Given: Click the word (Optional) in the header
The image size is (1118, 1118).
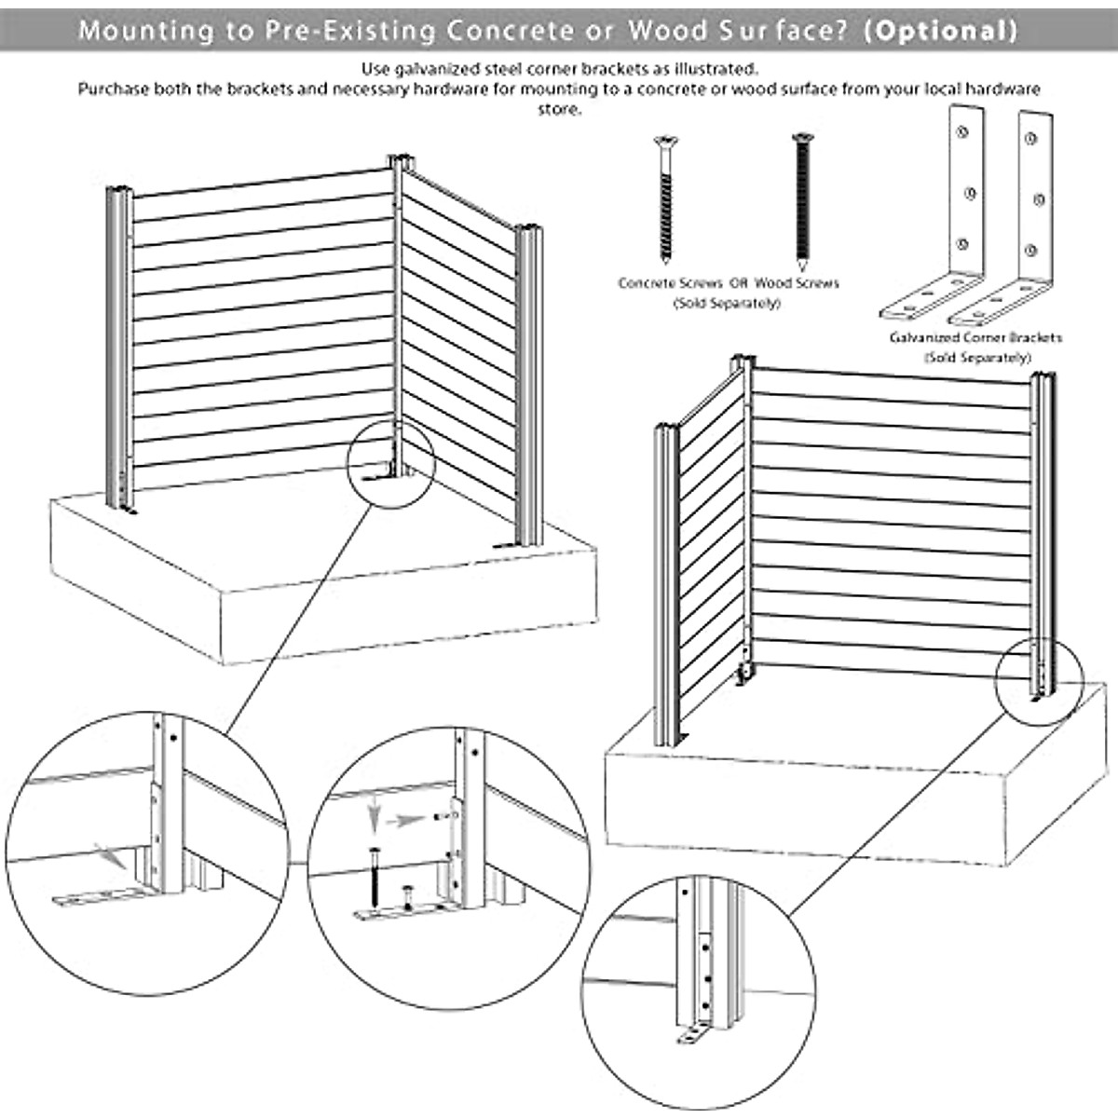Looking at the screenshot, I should coord(940,30).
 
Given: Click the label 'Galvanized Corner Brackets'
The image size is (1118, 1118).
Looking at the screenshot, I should coord(975,337).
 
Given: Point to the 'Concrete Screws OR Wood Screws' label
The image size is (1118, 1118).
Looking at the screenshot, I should coord(728,282).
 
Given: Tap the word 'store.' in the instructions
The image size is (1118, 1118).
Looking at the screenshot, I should coord(559,109).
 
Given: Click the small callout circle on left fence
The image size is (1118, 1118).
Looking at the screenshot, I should coord(391,461).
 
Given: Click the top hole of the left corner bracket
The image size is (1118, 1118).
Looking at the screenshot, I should coord(962,131).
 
